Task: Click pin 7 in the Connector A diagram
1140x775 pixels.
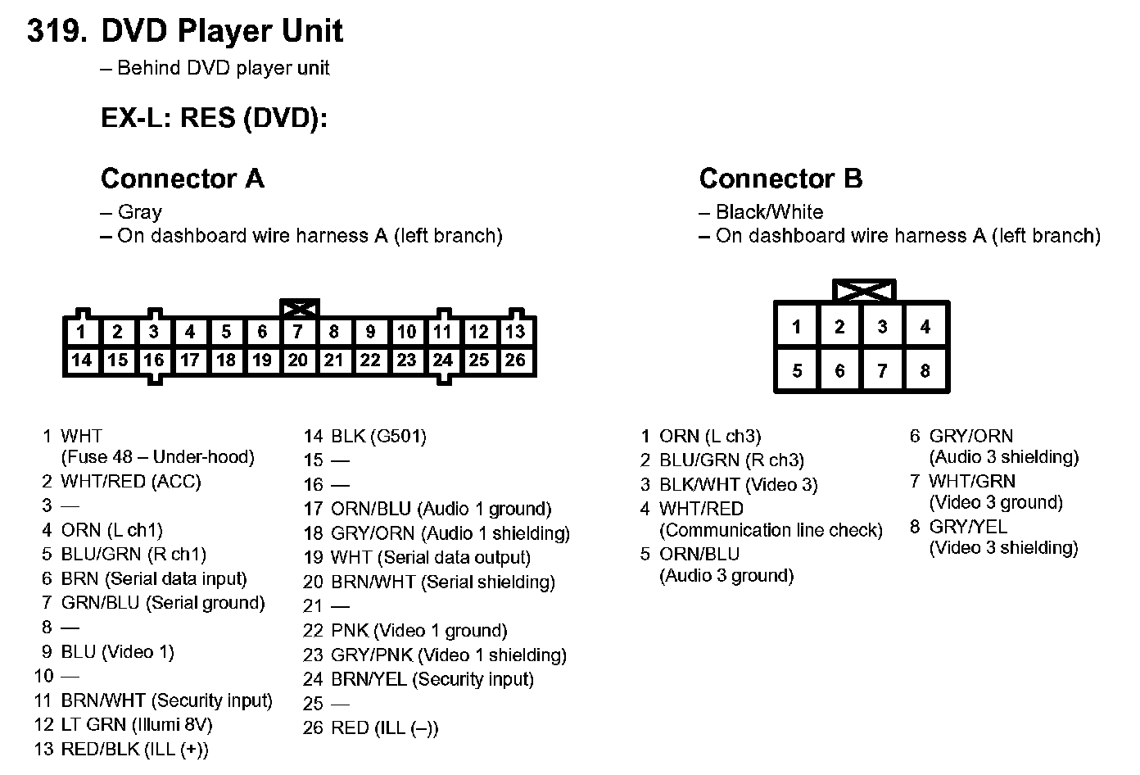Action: click(x=298, y=332)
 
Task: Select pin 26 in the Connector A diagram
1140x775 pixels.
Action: click(x=515, y=360)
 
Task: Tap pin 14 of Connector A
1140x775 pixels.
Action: click(x=81, y=360)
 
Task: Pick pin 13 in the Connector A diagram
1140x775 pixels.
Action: click(x=515, y=332)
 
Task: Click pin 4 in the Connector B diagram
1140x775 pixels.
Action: click(x=925, y=327)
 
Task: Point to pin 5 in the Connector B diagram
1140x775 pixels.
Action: click(x=797, y=370)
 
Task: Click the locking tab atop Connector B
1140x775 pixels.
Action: click(x=864, y=290)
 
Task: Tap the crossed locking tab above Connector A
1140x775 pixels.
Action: click(x=299, y=309)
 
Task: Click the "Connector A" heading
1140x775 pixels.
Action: click(x=182, y=178)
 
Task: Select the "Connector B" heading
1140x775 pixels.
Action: click(x=780, y=178)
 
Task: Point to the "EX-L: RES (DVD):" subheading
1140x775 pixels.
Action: click(x=214, y=118)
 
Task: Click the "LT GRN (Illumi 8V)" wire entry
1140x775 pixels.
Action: click(x=136, y=724)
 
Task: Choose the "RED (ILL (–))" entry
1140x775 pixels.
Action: click(x=384, y=727)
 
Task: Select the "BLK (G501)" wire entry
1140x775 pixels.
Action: click(x=378, y=436)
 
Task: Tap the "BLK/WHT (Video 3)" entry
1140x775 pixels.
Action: click(x=738, y=484)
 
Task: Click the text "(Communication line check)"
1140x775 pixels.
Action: click(x=771, y=530)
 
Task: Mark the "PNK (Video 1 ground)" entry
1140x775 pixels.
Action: click(x=418, y=630)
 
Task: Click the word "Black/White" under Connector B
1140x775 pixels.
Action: click(x=769, y=211)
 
